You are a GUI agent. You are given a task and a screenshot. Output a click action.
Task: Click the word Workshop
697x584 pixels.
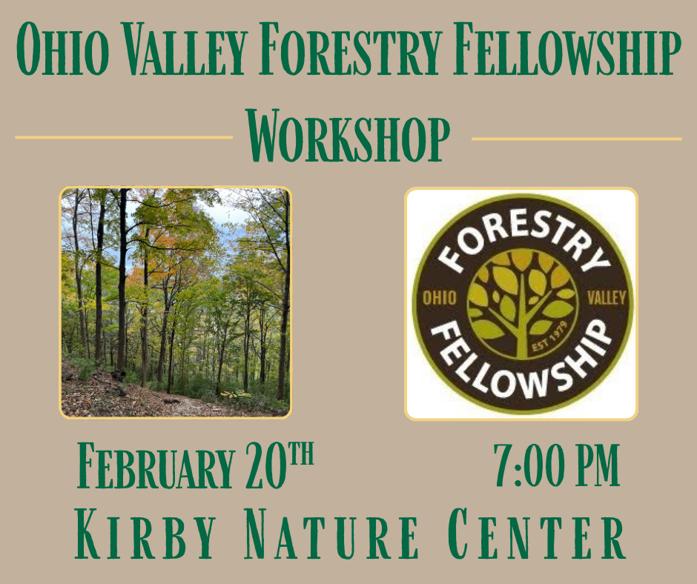[x=348, y=138]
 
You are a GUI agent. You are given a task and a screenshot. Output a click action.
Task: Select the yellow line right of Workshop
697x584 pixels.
[x=576, y=139]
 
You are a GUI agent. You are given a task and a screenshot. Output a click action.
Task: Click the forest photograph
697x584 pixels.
[x=176, y=302]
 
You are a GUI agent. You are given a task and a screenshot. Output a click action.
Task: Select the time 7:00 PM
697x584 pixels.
[x=556, y=466]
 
